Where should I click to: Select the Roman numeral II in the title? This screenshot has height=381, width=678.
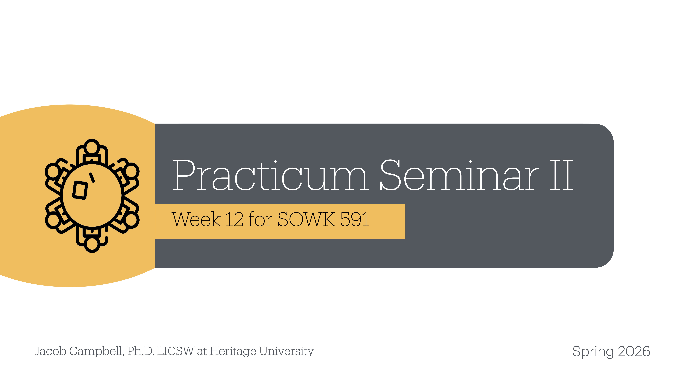click(561, 176)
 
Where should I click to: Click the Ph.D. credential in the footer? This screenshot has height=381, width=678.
click(141, 351)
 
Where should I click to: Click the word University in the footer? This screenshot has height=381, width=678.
click(286, 351)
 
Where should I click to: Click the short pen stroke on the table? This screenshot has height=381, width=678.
click(92, 177)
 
